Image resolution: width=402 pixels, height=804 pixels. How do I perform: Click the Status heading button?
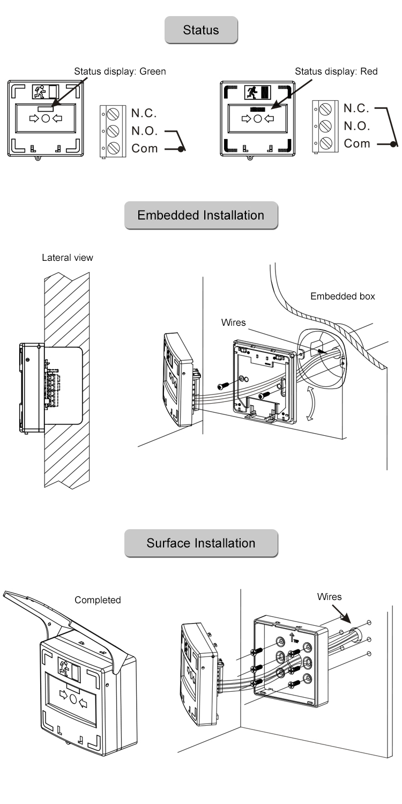(201, 30)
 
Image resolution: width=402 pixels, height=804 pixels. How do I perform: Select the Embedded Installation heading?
(201, 215)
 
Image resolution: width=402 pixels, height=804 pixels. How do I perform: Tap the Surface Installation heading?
(201, 543)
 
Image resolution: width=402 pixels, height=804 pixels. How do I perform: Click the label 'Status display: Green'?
(120, 71)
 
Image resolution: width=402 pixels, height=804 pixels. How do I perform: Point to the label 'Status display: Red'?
(337, 71)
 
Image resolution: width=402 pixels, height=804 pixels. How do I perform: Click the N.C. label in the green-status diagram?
(144, 113)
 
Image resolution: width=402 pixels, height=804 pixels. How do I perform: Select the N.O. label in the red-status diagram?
(356, 126)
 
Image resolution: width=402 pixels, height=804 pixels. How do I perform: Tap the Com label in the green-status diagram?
(145, 148)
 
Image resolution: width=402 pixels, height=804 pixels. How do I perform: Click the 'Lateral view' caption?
(68, 258)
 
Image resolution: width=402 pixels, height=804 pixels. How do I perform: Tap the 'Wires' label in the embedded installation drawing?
(234, 323)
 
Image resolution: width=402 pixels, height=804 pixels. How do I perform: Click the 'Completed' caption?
(98, 600)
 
